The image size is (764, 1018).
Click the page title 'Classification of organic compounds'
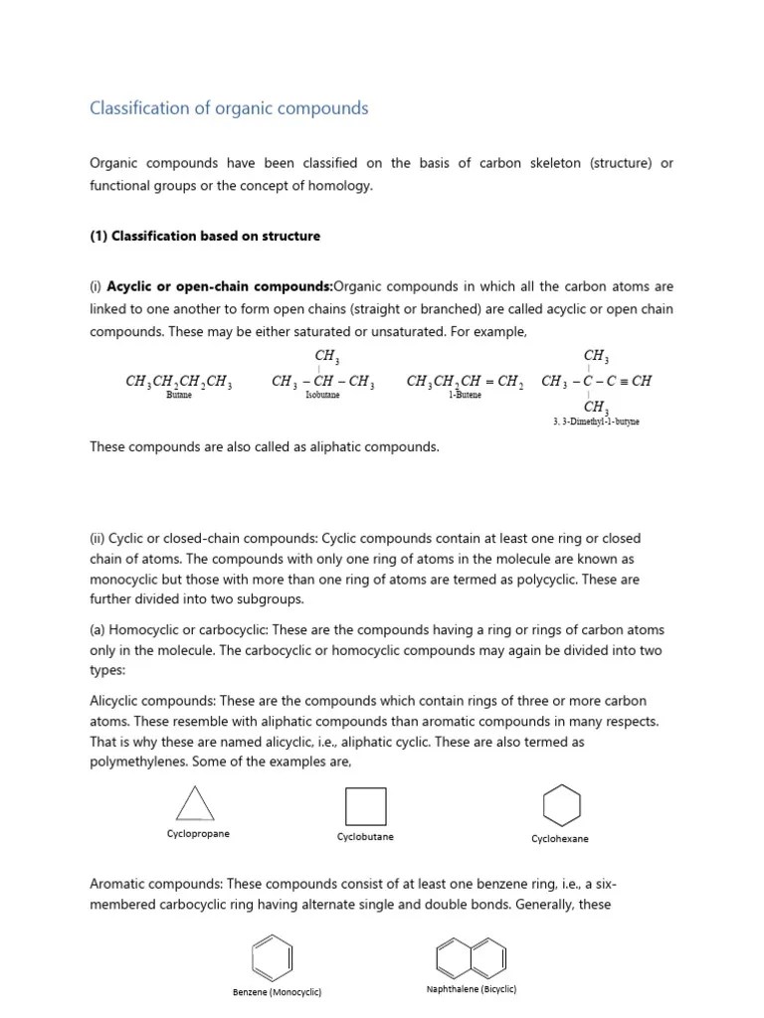tap(229, 108)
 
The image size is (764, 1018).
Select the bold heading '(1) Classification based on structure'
tap(205, 237)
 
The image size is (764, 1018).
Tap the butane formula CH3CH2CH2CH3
tap(179, 382)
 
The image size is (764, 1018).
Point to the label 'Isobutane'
tap(321, 396)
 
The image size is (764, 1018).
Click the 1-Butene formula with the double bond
tap(465, 382)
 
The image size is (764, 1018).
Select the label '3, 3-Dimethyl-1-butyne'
tap(596, 422)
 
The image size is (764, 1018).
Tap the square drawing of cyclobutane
tap(365, 806)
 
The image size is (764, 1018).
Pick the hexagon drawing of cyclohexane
tap(561, 805)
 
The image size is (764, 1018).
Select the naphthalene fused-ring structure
tap(470, 956)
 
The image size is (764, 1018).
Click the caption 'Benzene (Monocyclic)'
tap(277, 992)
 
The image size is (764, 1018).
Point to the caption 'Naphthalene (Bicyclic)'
tap(471, 989)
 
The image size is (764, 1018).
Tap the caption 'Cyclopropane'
tap(198, 834)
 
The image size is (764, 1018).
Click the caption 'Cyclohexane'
tap(560, 839)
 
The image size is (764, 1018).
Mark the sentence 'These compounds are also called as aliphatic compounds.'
tap(264, 447)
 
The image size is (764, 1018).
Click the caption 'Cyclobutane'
tap(365, 837)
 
